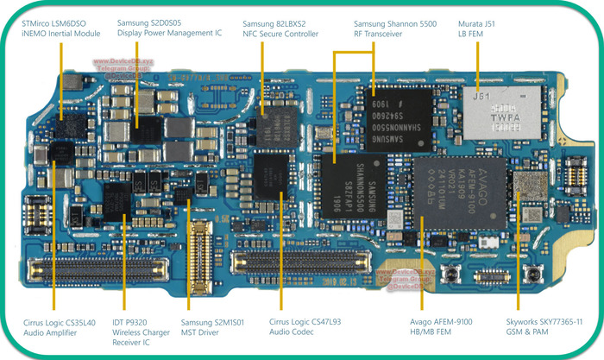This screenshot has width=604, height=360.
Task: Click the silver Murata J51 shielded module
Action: (x=506, y=111)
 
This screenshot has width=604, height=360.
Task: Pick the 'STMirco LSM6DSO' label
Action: (x=59, y=21)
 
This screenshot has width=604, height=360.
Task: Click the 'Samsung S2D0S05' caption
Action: (x=151, y=21)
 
